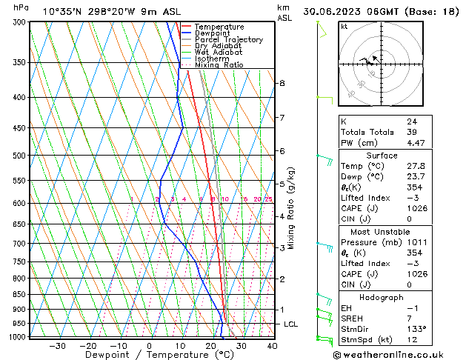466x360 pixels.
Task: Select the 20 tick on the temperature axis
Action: pos(211,346)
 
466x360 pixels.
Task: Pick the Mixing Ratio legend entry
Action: pos(219,65)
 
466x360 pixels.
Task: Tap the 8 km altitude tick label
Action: pos(282,84)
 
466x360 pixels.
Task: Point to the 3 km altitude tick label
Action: pos(282,247)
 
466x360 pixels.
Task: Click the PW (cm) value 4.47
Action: pos(416,144)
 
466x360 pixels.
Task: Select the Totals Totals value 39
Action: pos(411,133)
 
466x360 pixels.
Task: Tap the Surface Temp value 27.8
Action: pos(416,167)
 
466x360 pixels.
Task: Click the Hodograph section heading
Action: pos(382,297)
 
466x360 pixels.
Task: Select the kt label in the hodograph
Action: pos(344,27)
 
